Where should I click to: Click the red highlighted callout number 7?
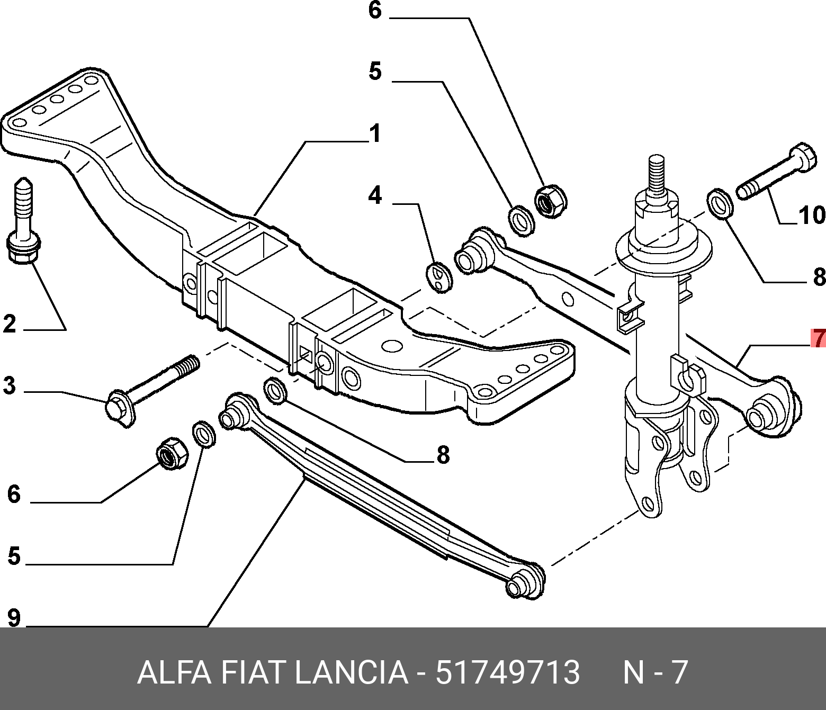click(x=819, y=338)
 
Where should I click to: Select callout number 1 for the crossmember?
click(x=375, y=133)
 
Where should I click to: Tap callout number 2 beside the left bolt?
click(x=10, y=323)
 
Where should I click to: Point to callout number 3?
click(x=10, y=385)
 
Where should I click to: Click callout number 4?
click(x=375, y=195)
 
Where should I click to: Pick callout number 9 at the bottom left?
click(x=13, y=617)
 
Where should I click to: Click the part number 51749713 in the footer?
click(x=507, y=672)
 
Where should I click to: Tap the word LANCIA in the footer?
click(x=351, y=672)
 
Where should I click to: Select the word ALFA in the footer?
click(x=174, y=672)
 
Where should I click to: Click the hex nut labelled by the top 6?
click(x=550, y=201)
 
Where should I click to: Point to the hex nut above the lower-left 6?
click(x=173, y=453)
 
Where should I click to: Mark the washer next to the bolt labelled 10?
click(x=720, y=203)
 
